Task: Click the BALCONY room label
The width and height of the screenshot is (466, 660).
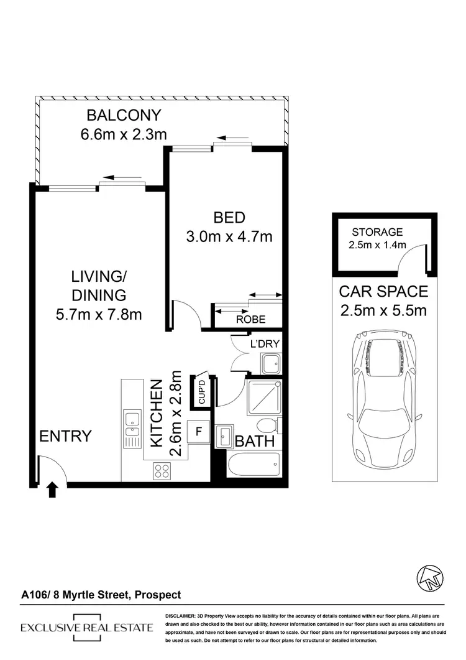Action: coord(124,115)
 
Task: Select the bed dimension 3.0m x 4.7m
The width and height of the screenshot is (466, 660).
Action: coord(229,236)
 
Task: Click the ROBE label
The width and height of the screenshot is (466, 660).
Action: coord(250,319)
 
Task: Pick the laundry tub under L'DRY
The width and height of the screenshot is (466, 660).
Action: coord(270,363)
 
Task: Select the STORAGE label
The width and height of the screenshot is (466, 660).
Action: coord(377,232)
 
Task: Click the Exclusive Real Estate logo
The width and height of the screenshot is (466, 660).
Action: coord(86,628)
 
